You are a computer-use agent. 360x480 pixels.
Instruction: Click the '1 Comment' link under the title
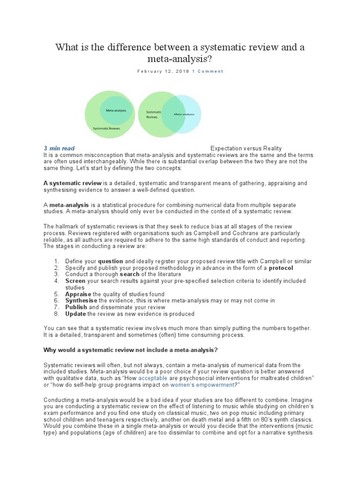(x=208, y=71)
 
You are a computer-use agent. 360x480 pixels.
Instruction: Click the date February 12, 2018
(x=163, y=71)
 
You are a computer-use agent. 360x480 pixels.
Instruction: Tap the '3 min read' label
(x=59, y=149)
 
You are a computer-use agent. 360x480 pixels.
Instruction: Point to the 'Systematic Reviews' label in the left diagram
(x=106, y=128)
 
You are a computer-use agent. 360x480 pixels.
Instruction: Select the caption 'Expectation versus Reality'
(x=246, y=149)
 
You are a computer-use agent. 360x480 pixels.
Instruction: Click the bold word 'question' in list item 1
(x=111, y=261)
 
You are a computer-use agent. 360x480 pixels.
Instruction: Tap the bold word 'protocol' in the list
(x=281, y=268)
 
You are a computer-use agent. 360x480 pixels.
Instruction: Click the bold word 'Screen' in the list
(x=75, y=281)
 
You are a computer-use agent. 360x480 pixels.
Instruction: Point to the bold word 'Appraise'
(x=78, y=294)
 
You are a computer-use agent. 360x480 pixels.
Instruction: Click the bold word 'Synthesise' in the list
(x=82, y=300)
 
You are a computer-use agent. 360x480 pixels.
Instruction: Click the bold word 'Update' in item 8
(x=75, y=314)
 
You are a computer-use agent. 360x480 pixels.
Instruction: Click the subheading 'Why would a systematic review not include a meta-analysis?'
(x=130, y=350)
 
